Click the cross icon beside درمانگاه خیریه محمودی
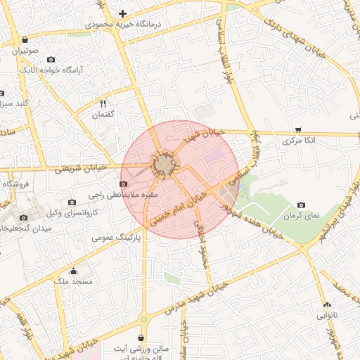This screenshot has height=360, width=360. [x=123, y=13]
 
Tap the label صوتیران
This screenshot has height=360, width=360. [x=25, y=51]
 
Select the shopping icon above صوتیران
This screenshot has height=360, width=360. [x=25, y=39]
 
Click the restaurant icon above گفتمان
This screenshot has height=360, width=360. [x=103, y=103]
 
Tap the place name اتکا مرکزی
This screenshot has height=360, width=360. [x=297, y=141]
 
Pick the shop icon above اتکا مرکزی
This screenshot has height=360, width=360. [x=298, y=129]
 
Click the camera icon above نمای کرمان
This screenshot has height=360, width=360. [x=302, y=205]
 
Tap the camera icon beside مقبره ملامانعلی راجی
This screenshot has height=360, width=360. [x=123, y=184]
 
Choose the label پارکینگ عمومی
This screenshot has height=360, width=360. [x=116, y=238]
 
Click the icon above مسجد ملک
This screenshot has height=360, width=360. [x=73, y=271]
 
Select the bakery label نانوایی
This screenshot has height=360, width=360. [x=327, y=316]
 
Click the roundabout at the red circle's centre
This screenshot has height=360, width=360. [x=165, y=165]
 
